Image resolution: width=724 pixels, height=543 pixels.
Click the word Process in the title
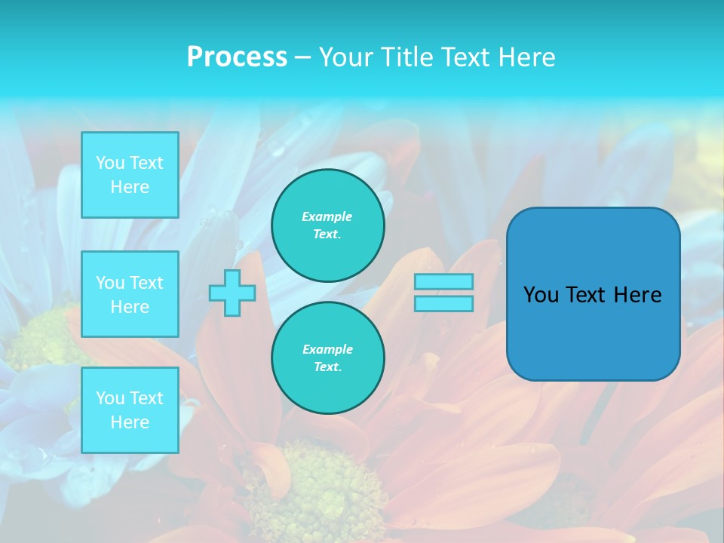tap(237, 57)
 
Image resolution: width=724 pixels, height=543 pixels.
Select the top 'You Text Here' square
tap(130, 175)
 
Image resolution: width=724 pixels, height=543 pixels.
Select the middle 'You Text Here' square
tap(130, 294)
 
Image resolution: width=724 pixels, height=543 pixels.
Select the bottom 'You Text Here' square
tap(130, 410)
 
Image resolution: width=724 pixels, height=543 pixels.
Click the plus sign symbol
tap(232, 293)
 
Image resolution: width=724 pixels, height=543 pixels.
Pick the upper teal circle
tap(328, 225)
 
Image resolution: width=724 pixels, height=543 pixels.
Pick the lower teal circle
tap(328, 358)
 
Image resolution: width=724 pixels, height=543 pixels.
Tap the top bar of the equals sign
tap(443, 281)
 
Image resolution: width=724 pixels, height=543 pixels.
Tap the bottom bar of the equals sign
tap(443, 304)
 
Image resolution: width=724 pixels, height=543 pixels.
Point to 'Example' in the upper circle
tap(327, 216)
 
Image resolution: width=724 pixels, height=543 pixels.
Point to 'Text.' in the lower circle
tap(327, 367)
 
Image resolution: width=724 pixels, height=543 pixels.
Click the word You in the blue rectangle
tap(540, 295)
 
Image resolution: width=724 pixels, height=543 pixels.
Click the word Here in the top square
tap(130, 187)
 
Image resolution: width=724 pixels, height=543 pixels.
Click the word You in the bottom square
tap(110, 397)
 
